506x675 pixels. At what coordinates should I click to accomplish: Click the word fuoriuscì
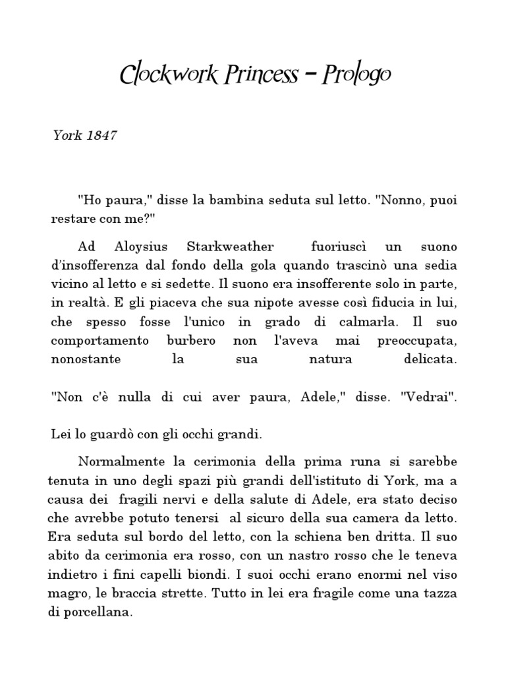337,247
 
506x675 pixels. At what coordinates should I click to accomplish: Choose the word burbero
196,342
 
